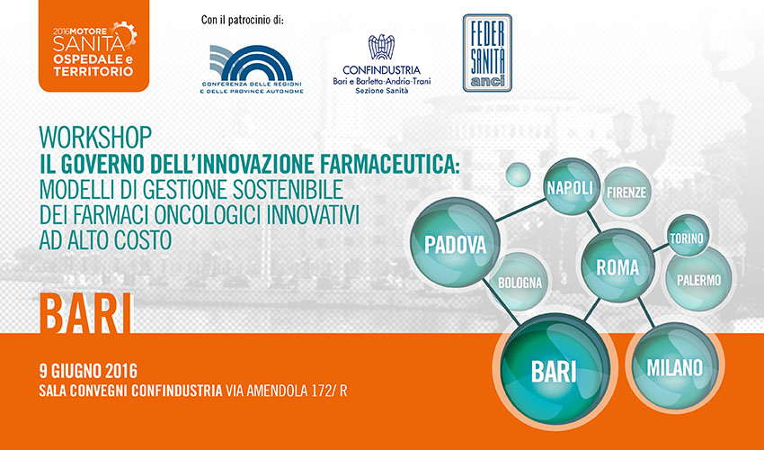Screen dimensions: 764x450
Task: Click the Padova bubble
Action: click(456, 243)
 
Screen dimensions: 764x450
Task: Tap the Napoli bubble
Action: click(571, 187)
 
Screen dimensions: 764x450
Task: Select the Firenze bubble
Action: click(626, 192)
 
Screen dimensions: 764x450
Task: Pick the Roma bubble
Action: click(617, 266)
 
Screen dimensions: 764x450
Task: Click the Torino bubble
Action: click(688, 237)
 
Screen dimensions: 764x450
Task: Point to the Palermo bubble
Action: click(698, 279)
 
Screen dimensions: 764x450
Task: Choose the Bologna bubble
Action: click(520, 282)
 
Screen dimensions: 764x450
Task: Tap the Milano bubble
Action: click(675, 366)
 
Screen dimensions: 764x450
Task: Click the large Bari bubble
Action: click(555, 371)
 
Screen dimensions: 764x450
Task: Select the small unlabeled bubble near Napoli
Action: click(518, 175)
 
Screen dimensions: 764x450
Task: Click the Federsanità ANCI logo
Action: click(487, 53)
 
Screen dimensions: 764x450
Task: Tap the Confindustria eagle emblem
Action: click(381, 47)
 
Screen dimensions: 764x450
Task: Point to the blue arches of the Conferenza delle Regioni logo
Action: click(252, 63)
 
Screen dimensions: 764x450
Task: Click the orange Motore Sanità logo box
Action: click(93, 46)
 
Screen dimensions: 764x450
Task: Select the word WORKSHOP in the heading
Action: click(95, 137)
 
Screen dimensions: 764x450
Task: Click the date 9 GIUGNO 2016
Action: click(88, 371)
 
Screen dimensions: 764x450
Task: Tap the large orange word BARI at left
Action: click(85, 313)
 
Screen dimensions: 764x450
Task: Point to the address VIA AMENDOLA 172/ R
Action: click(286, 391)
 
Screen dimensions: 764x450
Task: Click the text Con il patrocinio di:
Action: click(242, 21)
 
